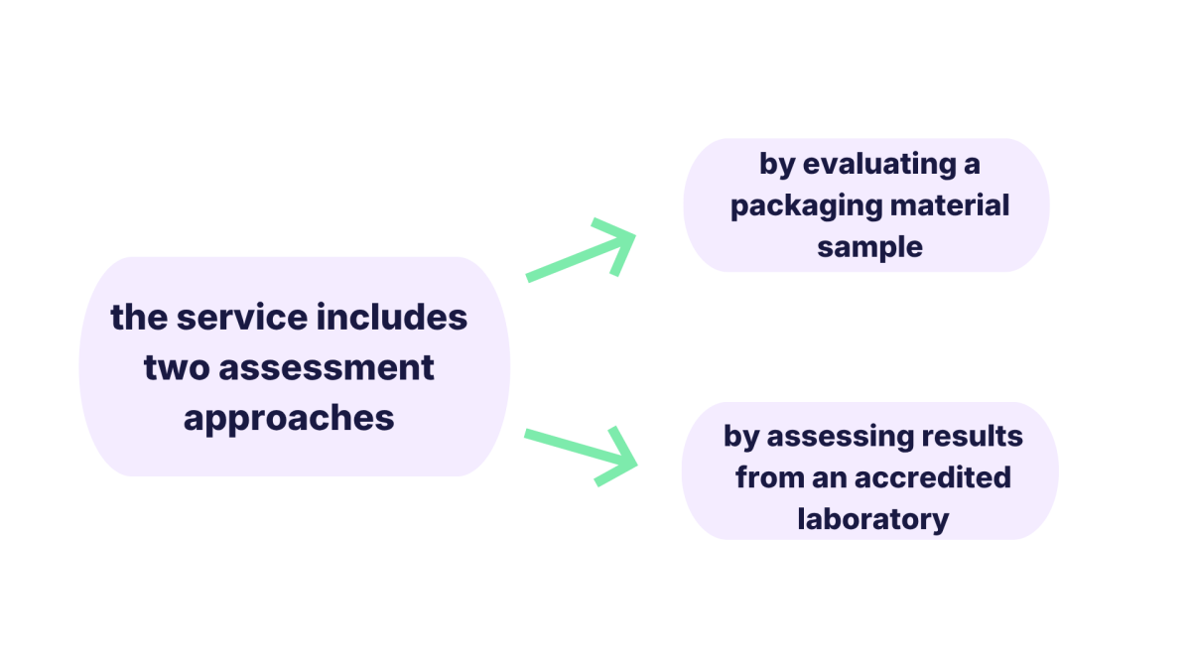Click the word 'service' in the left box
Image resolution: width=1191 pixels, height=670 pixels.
(242, 318)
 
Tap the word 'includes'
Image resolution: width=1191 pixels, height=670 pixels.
(392, 318)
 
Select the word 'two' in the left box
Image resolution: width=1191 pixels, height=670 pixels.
(177, 368)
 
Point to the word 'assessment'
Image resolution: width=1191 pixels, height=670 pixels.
(327, 368)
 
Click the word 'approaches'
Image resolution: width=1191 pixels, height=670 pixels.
(289, 420)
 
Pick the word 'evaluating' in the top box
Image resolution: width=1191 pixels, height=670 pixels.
(879, 165)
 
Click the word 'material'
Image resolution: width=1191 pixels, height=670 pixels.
(950, 205)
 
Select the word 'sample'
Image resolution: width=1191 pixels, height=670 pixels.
(869, 248)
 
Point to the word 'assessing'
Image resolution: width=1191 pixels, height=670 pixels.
(840, 438)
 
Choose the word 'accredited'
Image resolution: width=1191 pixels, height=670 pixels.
(933, 477)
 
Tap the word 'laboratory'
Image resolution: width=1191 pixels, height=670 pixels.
(873, 520)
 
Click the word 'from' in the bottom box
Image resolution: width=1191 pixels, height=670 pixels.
(770, 477)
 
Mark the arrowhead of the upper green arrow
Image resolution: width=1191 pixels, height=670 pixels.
(633, 235)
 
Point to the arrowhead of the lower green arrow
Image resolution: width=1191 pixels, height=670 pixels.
(634, 464)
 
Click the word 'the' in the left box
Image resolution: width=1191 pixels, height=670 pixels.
(139, 318)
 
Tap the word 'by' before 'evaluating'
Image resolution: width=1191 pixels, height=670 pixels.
(777, 165)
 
